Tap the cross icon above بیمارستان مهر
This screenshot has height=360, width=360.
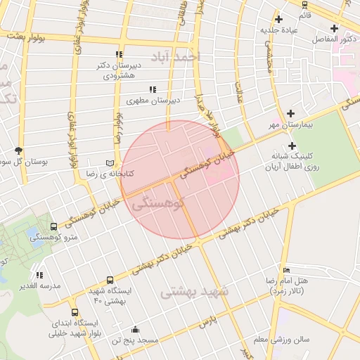click(290, 113)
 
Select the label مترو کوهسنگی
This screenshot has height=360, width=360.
click(53, 238)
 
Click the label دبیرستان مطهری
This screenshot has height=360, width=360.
click(153, 101)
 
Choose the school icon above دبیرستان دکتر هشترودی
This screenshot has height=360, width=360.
click(119, 54)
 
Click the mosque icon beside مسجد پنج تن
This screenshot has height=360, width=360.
click(135, 330)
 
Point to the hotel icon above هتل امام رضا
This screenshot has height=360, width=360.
click(285, 270)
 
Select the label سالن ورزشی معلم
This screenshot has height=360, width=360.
click(281, 340)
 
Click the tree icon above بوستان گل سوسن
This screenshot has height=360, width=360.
click(18, 150)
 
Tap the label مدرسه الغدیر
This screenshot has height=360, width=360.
click(41, 286)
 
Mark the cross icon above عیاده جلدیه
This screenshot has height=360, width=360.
click(279, 19)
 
